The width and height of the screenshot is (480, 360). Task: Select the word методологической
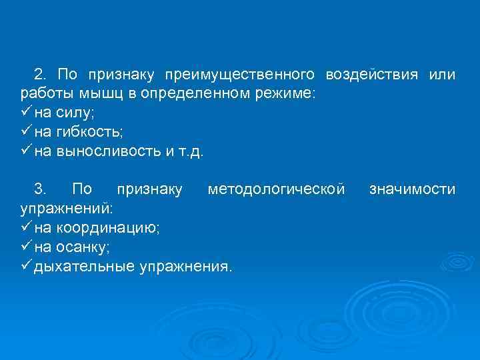[276, 190]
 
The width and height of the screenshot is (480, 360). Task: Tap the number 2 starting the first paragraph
[39, 73]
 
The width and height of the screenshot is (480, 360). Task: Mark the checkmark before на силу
[27, 111]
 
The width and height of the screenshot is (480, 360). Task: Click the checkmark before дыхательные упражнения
[27, 267]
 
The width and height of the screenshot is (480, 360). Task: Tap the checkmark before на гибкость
[27, 131]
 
